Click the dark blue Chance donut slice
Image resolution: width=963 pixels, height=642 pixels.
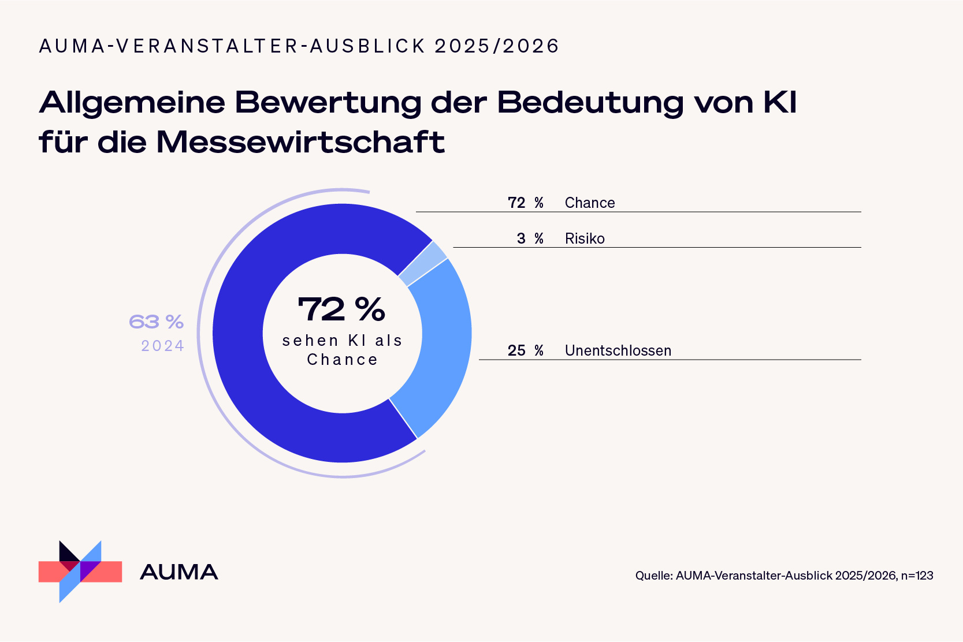pos(248,358)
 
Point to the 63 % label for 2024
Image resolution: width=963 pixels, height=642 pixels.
pos(156,322)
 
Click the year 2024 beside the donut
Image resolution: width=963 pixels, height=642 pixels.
pos(162,346)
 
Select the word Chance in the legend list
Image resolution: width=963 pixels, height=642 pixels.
pos(590,203)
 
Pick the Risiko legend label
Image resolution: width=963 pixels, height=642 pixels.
pos(585,238)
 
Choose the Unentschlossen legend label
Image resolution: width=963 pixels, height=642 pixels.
pos(618,350)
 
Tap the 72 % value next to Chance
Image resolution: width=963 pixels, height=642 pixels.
pos(525,203)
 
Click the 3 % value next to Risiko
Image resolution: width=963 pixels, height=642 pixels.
pos(530,238)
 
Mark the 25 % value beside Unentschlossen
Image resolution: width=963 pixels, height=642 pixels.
pos(525,350)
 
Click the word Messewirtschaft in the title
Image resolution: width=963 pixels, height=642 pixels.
pos(300,142)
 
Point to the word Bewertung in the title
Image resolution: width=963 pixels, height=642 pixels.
pos(328,103)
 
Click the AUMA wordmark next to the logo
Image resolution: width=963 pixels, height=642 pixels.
pos(179,572)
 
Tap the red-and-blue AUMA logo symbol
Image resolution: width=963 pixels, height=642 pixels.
pos(80,572)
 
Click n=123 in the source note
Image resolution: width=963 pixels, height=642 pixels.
pos(917,576)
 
